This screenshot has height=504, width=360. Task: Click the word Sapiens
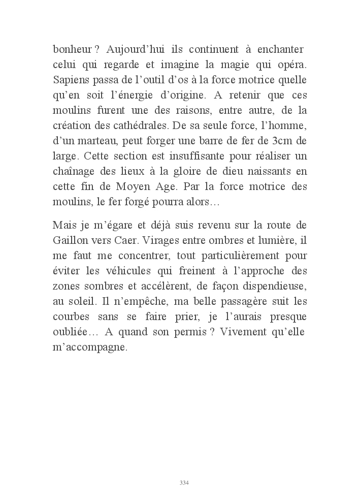click(x=70, y=81)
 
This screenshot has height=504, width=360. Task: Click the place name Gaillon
click(x=70, y=239)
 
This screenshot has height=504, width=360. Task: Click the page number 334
click(x=184, y=483)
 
